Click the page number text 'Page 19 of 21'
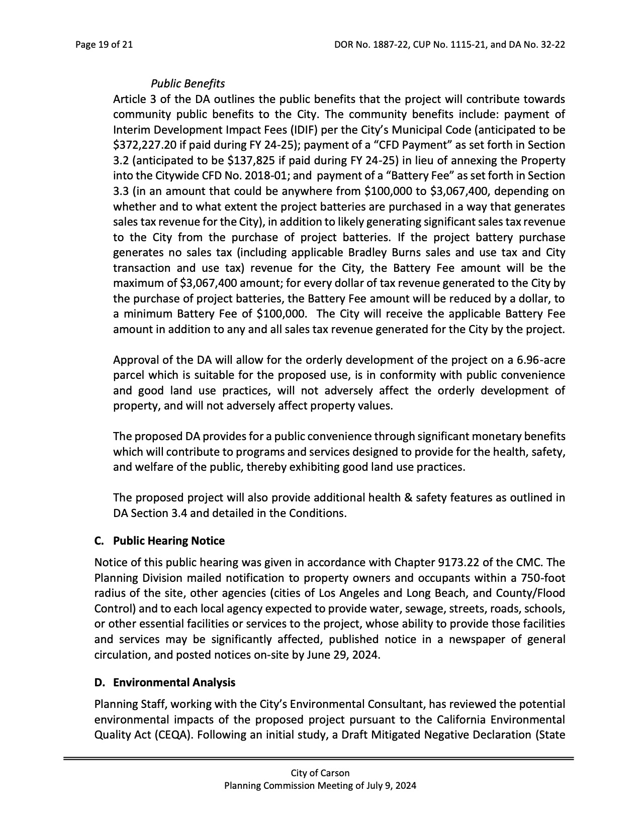point(104,45)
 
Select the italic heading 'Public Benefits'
point(188,83)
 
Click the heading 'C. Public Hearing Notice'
point(159,541)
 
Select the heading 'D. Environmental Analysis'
point(164,682)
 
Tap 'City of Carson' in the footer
point(320,773)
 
